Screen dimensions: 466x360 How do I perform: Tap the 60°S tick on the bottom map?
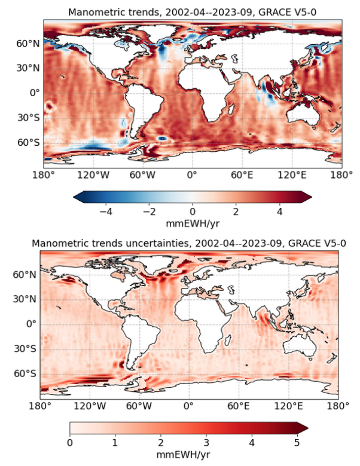(28, 373)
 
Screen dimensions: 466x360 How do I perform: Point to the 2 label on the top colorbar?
(236, 211)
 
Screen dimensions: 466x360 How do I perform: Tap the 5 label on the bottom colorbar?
(297, 443)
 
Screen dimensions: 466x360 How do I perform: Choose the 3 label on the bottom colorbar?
(206, 443)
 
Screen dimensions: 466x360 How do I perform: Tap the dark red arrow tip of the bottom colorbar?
(303, 428)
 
